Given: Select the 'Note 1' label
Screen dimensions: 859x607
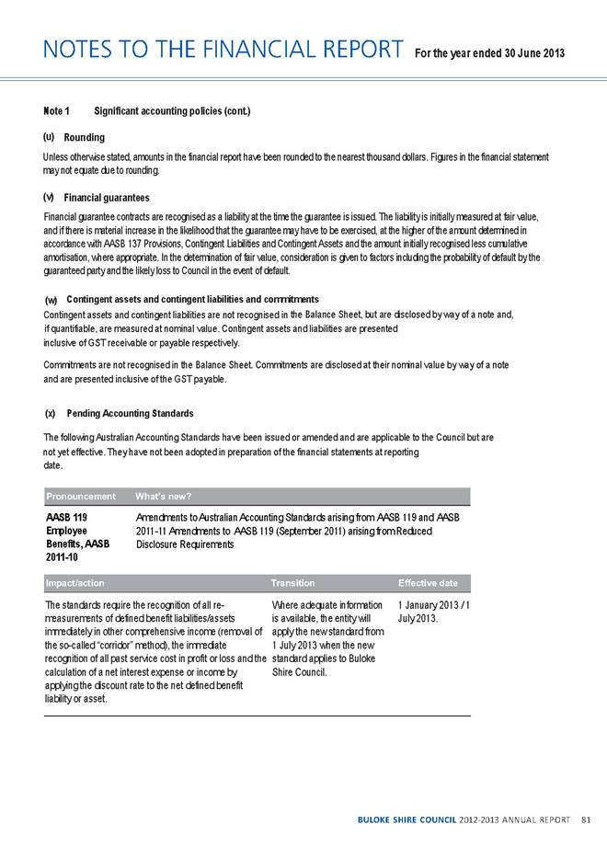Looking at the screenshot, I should [56, 111].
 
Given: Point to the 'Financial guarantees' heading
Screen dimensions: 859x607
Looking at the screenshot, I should [107, 197].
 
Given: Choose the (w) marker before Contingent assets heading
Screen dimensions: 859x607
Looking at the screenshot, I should [52, 301].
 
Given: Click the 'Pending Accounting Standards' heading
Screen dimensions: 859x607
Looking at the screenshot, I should [131, 413].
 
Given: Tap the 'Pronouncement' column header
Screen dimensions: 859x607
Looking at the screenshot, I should [81, 497].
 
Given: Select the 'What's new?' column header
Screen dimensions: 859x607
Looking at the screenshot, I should [163, 497].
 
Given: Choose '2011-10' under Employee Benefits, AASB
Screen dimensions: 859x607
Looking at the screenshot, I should [64, 557].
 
